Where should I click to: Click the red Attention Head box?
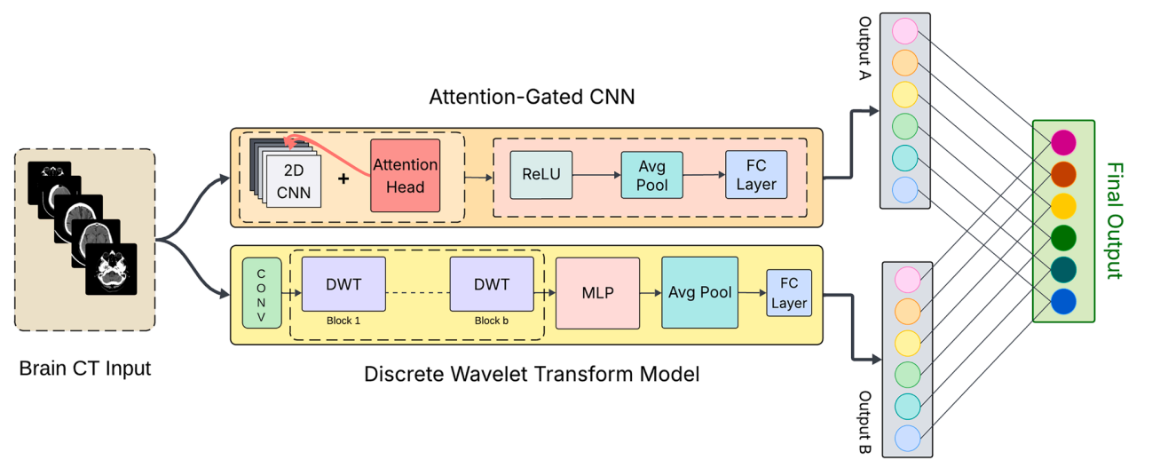(x=405, y=176)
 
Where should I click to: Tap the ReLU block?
(x=540, y=173)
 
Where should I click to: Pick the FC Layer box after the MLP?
(x=788, y=293)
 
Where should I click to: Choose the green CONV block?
(x=261, y=292)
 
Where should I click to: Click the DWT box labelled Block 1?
(x=343, y=284)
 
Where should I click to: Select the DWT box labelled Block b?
(x=492, y=284)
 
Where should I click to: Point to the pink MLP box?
(x=597, y=292)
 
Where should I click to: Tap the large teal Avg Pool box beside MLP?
(x=699, y=292)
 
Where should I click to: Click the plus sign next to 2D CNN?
(x=343, y=178)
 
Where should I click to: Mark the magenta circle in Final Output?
(x=1062, y=142)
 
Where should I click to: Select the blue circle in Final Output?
(x=1062, y=302)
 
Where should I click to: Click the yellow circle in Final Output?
(x=1062, y=206)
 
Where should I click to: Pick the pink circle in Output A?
(x=904, y=32)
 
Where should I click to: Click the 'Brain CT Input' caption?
(x=85, y=368)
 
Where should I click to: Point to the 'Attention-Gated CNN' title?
(x=532, y=96)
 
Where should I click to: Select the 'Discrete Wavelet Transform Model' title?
(x=532, y=374)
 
